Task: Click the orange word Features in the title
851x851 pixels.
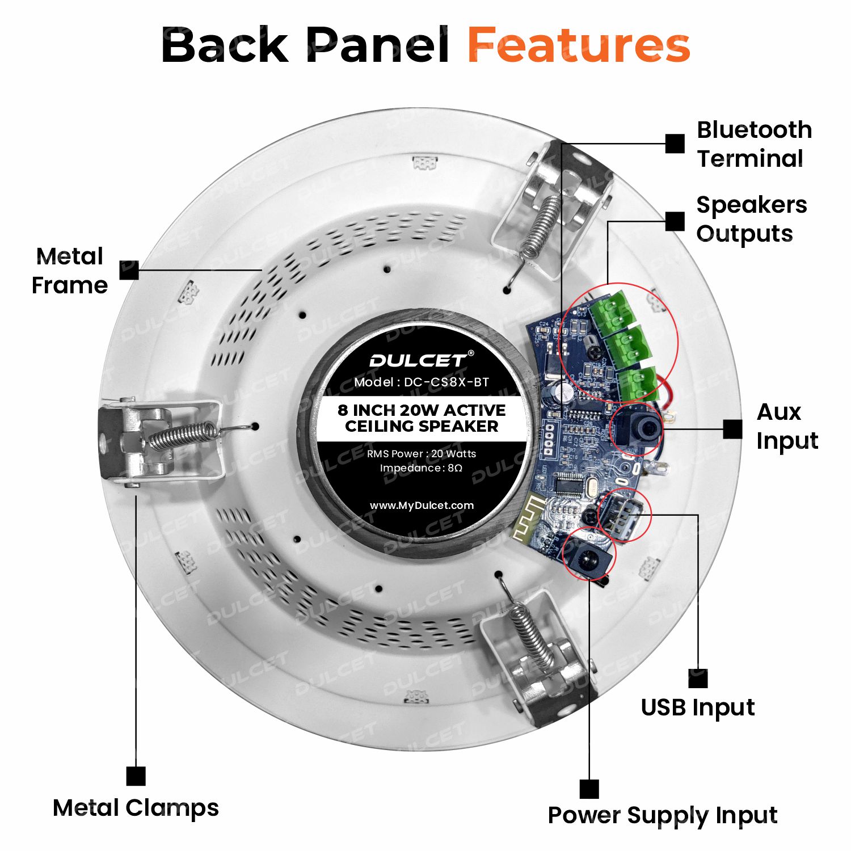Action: tap(579, 45)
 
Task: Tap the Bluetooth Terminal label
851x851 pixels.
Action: tap(754, 144)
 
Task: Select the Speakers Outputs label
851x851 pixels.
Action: tap(751, 219)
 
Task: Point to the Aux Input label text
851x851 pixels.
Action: tap(787, 427)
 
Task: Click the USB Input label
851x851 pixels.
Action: tap(698, 707)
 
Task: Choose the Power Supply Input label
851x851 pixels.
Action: tap(662, 816)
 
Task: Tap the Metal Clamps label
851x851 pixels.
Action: tap(136, 808)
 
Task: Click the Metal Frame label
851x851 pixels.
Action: tap(70, 271)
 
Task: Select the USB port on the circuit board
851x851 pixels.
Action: tap(621, 516)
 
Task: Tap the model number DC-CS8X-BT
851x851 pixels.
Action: tap(446, 382)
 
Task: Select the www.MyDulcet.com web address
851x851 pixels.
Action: tap(422, 505)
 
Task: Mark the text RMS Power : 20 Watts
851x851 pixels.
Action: tap(422, 454)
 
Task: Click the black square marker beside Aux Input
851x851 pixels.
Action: tap(732, 429)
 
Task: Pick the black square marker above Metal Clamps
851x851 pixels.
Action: tap(136, 776)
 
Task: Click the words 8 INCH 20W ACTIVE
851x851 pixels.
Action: tap(422, 410)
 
